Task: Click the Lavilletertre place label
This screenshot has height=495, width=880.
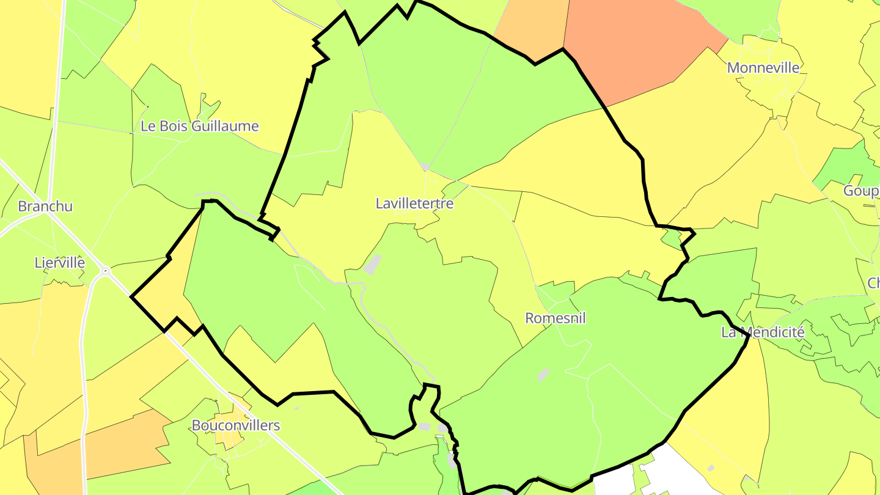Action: (414, 204)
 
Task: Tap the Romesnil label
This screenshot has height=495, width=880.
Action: (555, 318)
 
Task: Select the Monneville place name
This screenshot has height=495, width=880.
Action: (763, 68)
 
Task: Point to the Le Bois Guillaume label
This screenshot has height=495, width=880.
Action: (199, 127)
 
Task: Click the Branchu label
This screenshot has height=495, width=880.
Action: (45, 207)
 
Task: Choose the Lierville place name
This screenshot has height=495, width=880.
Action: (59, 263)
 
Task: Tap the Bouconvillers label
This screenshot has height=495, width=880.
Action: (236, 425)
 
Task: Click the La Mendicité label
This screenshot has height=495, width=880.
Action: (763, 333)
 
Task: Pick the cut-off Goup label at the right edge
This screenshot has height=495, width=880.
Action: (861, 191)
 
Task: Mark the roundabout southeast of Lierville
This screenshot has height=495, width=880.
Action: (106, 269)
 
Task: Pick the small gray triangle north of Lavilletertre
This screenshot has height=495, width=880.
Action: (425, 167)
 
